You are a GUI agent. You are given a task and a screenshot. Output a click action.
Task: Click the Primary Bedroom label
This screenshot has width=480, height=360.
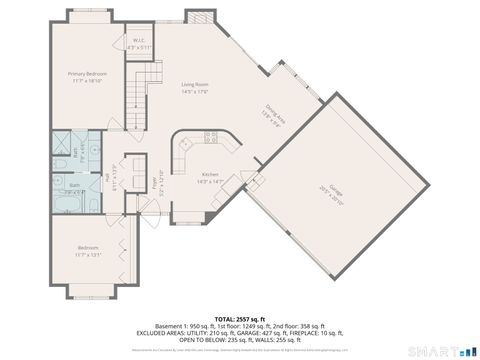click(87, 74)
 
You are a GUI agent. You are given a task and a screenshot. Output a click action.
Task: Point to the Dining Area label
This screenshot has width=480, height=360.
click(273, 113)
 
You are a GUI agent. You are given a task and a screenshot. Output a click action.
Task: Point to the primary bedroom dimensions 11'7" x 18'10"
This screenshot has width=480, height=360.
click(87, 80)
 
